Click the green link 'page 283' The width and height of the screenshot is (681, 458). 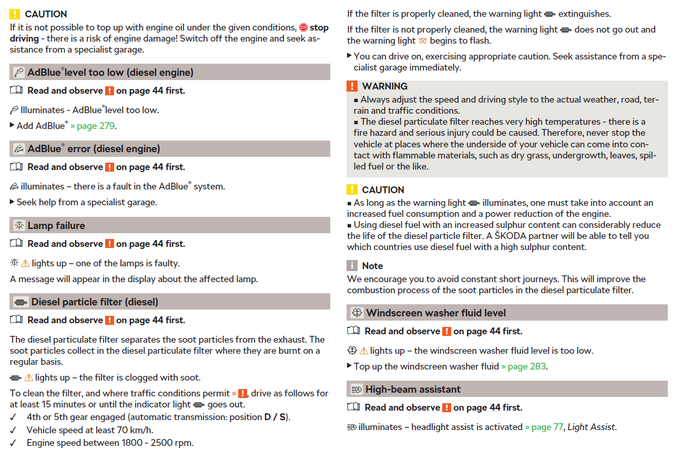[526, 366]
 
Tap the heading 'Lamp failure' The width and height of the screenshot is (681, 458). [56, 225]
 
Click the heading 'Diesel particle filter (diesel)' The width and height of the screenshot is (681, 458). [95, 302]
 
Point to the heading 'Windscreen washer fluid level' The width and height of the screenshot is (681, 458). [436, 313]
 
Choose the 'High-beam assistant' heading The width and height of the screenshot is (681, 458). [413, 389]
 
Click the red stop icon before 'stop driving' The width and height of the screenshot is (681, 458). [303, 27]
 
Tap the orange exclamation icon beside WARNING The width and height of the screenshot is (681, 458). [352, 86]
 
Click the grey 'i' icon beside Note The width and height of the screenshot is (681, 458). [352, 266]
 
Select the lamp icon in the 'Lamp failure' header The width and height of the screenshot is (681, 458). [19, 225]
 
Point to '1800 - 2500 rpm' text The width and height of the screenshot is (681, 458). [157, 443]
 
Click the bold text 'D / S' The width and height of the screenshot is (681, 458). [276, 417]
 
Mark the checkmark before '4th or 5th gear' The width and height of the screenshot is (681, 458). [13, 417]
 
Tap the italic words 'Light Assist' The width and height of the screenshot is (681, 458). [591, 427]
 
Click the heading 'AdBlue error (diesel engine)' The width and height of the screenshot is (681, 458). [94, 149]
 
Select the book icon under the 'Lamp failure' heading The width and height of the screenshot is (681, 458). [16, 244]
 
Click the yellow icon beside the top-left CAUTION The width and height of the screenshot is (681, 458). [15, 14]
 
